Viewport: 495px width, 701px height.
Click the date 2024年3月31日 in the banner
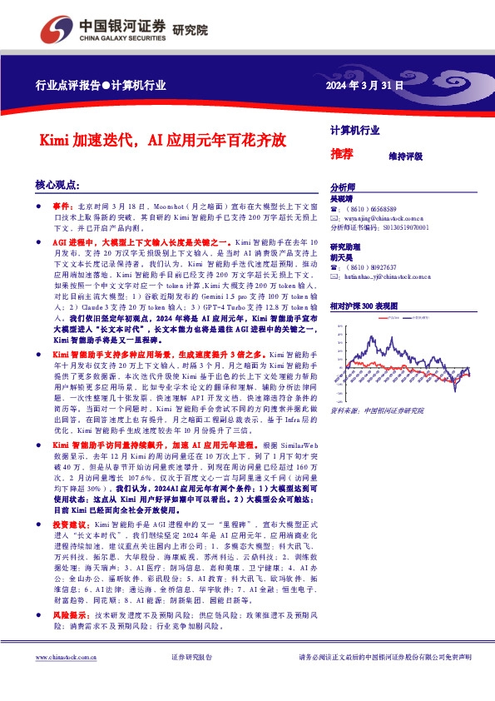pos(364,85)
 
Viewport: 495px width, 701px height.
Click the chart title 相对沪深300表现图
pos(364,306)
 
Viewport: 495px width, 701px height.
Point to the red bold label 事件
pos(63,205)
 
